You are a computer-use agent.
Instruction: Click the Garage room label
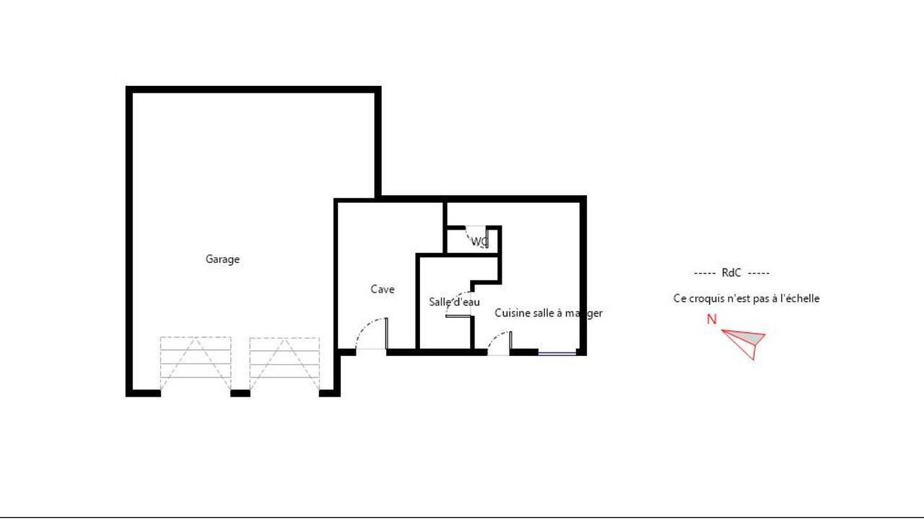pos(222,259)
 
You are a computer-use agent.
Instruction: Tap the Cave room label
pos(383,290)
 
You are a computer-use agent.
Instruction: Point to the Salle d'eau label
pos(454,302)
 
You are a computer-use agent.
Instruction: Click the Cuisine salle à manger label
pos(548,313)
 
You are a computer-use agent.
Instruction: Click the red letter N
pos(712,319)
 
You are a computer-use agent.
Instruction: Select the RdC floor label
pos(731,273)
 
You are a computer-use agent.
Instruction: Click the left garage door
pos(196,363)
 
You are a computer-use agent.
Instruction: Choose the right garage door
pos(284,363)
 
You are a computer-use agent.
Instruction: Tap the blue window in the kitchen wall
pos(557,353)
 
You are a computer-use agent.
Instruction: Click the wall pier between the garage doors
pos(240,394)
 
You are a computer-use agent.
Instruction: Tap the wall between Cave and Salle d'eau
pos(417,303)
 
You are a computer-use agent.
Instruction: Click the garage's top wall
pos(253,90)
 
